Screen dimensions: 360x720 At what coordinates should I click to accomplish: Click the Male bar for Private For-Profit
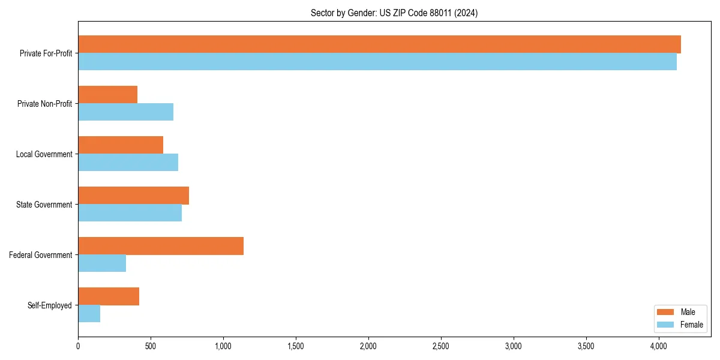[379, 44]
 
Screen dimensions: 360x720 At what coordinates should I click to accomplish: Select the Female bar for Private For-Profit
[377, 62]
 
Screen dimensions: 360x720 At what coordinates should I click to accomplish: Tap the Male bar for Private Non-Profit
[108, 95]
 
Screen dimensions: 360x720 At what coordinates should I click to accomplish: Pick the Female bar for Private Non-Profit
[126, 112]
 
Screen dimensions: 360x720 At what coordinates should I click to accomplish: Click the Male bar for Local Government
[121, 145]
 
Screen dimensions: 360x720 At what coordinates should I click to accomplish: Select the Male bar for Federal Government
[161, 246]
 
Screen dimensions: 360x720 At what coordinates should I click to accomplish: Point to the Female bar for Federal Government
[102, 263]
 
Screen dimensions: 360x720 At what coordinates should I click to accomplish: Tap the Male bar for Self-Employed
[109, 296]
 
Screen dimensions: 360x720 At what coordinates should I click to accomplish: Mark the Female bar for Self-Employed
[89, 314]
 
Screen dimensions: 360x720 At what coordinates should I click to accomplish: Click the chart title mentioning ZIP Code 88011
[394, 13]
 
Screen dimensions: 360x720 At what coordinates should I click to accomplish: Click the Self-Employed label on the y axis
[50, 305]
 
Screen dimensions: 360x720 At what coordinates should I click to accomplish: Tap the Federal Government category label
[41, 255]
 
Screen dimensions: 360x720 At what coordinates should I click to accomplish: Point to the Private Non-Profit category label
[45, 104]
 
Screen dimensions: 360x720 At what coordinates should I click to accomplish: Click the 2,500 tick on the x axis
[441, 346]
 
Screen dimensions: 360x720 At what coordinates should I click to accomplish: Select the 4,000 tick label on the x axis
[659, 346]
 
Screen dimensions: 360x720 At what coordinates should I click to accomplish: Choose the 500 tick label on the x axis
[151, 346]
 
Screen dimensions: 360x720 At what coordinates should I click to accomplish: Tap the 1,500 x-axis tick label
[296, 346]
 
